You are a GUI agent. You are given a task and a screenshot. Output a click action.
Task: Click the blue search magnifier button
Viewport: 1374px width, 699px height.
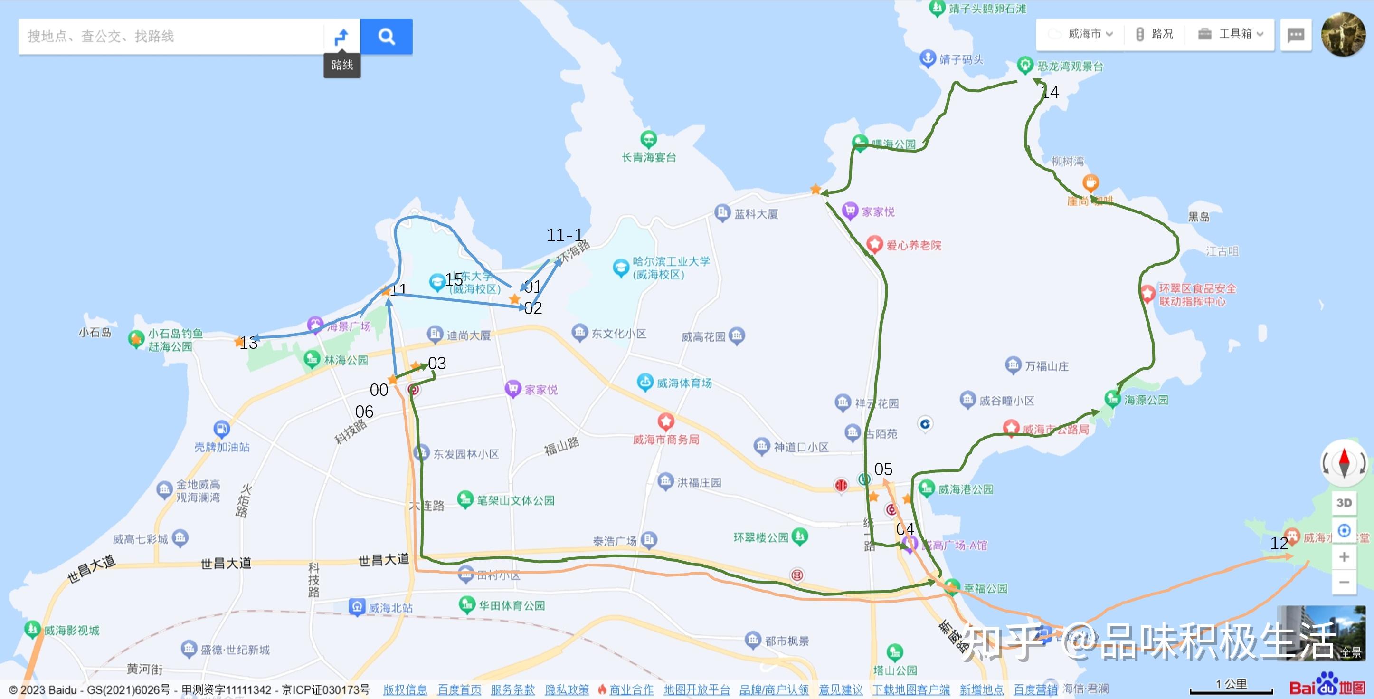click(x=386, y=36)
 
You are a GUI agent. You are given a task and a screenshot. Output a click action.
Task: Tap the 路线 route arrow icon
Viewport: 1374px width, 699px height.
click(x=341, y=37)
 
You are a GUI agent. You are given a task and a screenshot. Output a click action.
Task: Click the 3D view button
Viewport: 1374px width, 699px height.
click(x=1344, y=503)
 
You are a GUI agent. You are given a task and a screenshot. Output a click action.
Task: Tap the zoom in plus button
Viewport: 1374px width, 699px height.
click(x=1344, y=557)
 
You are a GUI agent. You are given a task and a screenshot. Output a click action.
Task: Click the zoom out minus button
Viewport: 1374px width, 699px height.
click(x=1344, y=582)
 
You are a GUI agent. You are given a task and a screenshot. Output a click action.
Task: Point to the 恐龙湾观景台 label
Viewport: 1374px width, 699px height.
click(x=1070, y=66)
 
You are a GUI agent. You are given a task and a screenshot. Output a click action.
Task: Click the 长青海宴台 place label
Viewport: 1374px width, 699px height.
click(x=649, y=157)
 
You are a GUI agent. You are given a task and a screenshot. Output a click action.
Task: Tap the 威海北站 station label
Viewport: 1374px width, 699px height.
click(x=390, y=608)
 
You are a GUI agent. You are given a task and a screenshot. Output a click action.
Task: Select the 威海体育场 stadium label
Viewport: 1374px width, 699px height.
click(x=684, y=383)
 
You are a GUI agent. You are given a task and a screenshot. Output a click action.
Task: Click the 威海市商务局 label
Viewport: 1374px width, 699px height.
click(x=666, y=440)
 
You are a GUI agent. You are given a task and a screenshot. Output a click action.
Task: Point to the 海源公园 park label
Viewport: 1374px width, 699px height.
click(x=1146, y=400)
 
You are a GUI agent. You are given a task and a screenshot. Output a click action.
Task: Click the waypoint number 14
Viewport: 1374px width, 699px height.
click(x=1050, y=92)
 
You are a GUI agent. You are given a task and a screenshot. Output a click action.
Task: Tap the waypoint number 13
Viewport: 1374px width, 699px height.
click(x=248, y=343)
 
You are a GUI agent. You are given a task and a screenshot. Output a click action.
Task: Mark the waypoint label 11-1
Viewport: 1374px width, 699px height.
click(x=564, y=235)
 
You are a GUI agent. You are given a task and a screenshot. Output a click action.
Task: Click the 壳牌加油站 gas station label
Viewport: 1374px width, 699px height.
click(x=222, y=447)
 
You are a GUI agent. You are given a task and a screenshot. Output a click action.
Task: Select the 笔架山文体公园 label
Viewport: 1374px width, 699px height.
click(x=515, y=500)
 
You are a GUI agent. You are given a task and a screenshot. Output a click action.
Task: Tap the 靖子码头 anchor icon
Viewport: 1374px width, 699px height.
click(x=928, y=57)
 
